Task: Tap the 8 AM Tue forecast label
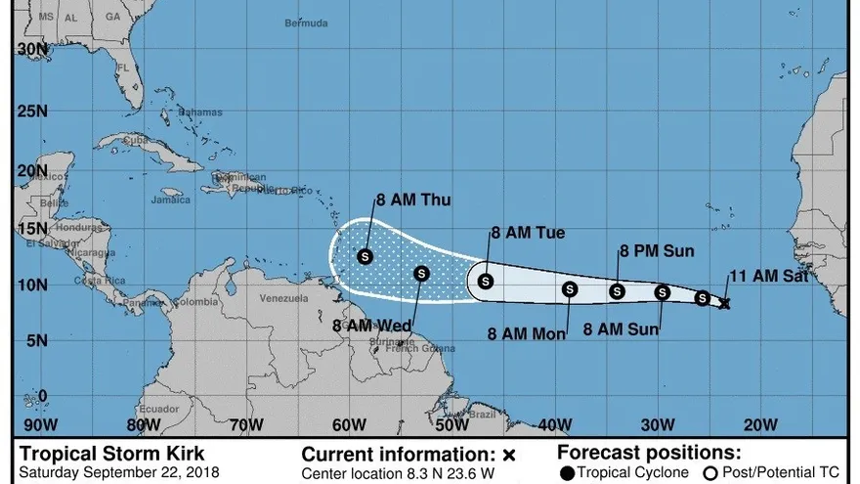[528, 233]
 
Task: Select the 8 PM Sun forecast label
[656, 251]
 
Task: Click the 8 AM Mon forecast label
[528, 333]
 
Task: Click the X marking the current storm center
[724, 304]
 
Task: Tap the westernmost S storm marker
[365, 256]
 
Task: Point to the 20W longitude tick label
[759, 424]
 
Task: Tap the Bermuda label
[306, 22]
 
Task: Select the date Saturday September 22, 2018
[114, 473]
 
